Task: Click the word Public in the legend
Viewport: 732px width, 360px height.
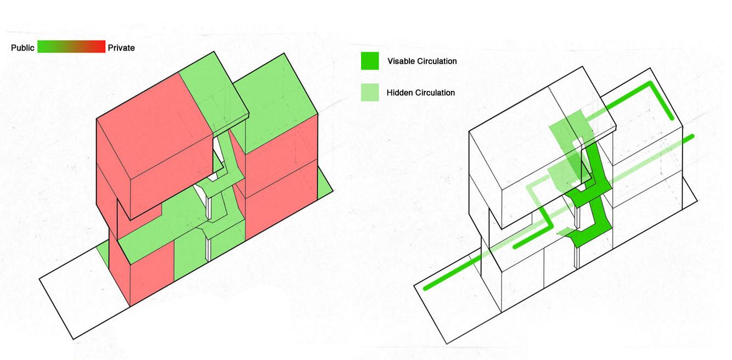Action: (x=22, y=48)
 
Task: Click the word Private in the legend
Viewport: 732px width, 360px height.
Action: (x=121, y=48)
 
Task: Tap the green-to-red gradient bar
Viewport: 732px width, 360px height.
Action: (x=71, y=47)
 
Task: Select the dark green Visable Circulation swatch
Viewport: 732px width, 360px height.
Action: (x=369, y=61)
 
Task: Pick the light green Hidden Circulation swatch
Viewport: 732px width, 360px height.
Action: (x=369, y=93)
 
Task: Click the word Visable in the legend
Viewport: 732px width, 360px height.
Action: (x=401, y=61)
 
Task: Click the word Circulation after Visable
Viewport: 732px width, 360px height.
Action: (x=436, y=61)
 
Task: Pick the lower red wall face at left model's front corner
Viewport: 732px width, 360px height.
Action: (x=151, y=277)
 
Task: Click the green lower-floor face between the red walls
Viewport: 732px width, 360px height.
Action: (x=189, y=258)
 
